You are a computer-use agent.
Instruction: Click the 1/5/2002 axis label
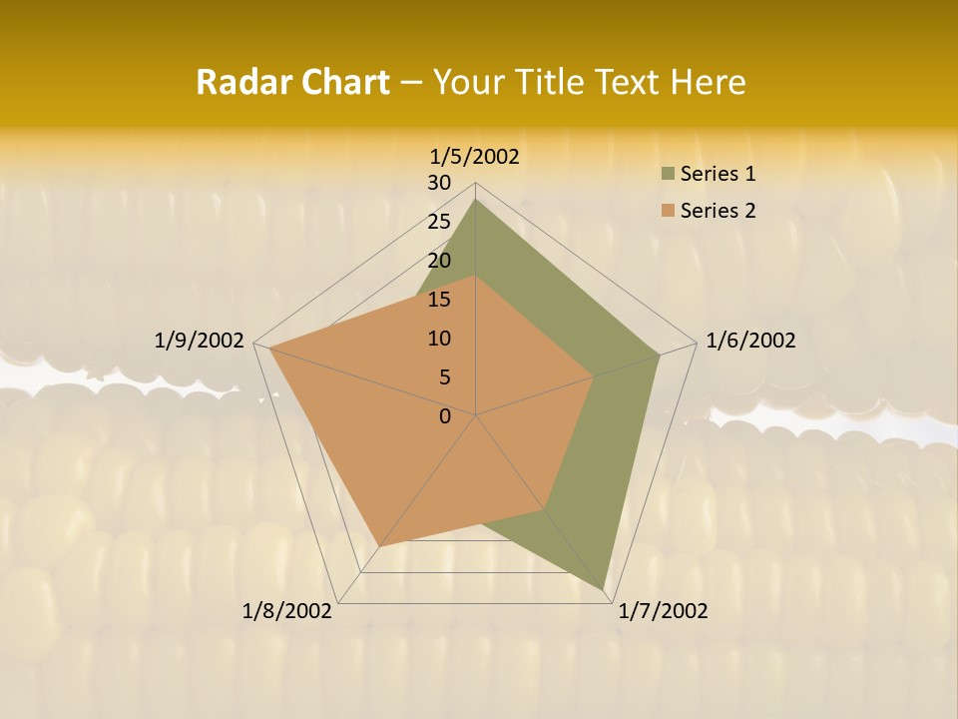(475, 156)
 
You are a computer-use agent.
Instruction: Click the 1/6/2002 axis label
(750, 341)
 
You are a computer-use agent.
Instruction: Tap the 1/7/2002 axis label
(663, 611)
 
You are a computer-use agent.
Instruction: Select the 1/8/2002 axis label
(287, 611)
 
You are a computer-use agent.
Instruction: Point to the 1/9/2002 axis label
(200, 341)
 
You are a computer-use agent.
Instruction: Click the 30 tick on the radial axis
(439, 183)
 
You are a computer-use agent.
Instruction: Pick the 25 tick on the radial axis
(439, 222)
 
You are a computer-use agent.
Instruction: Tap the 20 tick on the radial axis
(439, 261)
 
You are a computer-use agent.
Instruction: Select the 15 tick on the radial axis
(439, 300)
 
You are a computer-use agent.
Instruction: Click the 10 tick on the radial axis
(439, 339)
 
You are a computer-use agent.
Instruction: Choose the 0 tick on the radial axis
(445, 416)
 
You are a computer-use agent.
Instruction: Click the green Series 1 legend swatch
(667, 175)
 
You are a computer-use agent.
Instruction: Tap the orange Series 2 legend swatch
(667, 211)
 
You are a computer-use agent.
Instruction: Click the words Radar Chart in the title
(292, 82)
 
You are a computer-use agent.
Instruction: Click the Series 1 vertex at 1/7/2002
(605, 589)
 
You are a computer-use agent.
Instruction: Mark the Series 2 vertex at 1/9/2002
(269, 349)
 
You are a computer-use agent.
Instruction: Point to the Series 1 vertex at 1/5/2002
(476, 200)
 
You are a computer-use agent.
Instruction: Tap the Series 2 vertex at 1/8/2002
(379, 546)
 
